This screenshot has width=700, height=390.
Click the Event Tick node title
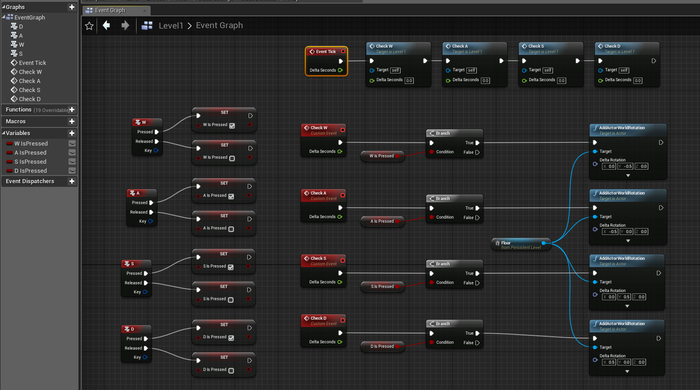pyautogui.click(x=326, y=52)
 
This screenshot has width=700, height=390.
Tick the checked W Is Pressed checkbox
pyautogui.click(x=232, y=126)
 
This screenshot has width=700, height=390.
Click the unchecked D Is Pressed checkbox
pyautogui.click(x=231, y=370)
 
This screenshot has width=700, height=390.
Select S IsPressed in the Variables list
pyautogui.click(x=30, y=162)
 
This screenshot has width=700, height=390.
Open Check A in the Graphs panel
pyautogui.click(x=29, y=81)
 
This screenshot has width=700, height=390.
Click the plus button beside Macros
pyautogui.click(x=72, y=122)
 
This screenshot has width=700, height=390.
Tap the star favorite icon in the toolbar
pyautogui.click(x=89, y=26)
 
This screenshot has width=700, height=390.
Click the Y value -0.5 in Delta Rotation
pyautogui.click(x=628, y=166)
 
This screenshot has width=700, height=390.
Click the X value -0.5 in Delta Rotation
pyautogui.click(x=612, y=232)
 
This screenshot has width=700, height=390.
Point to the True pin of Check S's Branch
pyautogui.click(x=477, y=273)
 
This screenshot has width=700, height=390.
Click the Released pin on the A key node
pyautogui.click(x=151, y=212)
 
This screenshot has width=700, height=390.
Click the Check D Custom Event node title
pyautogui.click(x=318, y=318)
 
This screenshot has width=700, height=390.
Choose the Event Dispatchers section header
pyautogui.click(x=30, y=181)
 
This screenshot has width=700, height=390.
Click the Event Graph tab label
pyautogui.click(x=110, y=10)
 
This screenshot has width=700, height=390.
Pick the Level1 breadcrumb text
pyautogui.click(x=171, y=26)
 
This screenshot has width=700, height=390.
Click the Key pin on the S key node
pyautogui.click(x=145, y=292)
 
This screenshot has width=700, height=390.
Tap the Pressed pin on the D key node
pyautogui.click(x=146, y=339)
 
